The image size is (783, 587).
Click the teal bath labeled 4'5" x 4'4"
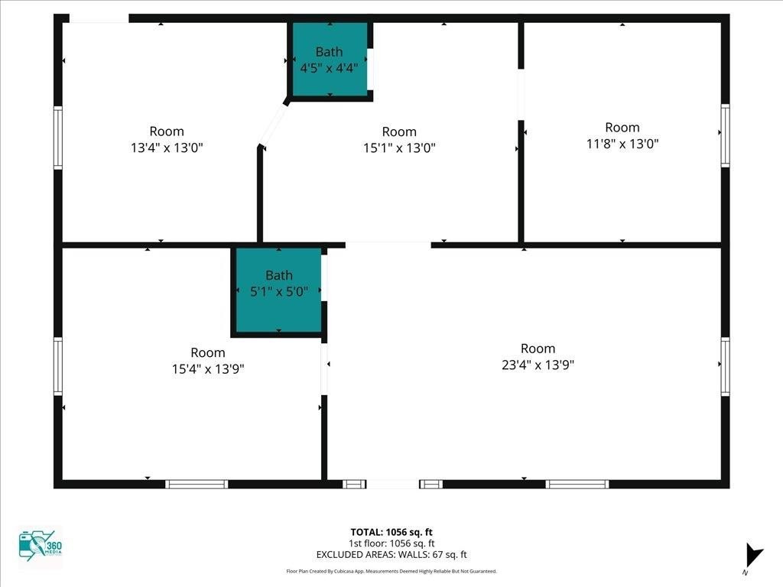coord(330,59)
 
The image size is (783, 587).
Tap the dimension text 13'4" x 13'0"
coord(167,148)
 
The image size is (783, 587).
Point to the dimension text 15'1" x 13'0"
coord(399,148)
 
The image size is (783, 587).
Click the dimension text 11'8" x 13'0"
coord(622,144)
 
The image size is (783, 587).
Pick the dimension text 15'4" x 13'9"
coord(208,369)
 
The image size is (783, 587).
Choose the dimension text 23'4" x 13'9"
coord(538,365)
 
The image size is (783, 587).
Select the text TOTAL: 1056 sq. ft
coord(391,532)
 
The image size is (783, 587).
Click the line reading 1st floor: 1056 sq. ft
coord(391,543)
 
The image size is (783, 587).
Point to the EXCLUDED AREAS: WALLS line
coord(391,555)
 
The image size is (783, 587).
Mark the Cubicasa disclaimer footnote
coord(391,572)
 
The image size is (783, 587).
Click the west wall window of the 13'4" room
coord(58,138)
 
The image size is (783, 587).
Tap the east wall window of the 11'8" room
coord(725,135)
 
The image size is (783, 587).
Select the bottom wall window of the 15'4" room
coord(197,484)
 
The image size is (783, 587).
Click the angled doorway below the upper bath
coord(273,125)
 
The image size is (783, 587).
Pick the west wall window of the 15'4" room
coord(58,366)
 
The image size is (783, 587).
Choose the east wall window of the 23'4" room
coord(725,366)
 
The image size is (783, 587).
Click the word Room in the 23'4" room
coord(538,349)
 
